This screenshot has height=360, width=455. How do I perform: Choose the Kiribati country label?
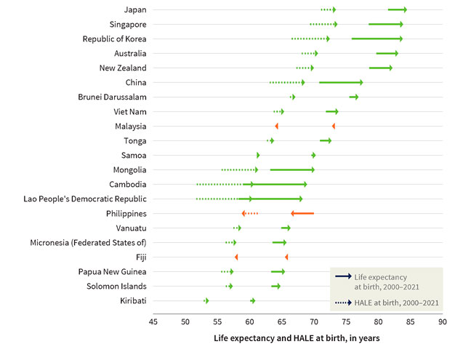pyautogui.click(x=131, y=300)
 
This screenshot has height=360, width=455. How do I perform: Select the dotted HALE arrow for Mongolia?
pyautogui.click(x=240, y=169)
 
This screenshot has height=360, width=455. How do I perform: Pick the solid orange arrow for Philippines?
pyautogui.click(x=302, y=213)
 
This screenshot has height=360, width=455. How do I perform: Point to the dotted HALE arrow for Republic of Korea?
pyautogui.click(x=310, y=39)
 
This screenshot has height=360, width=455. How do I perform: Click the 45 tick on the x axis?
pyautogui.click(x=153, y=321)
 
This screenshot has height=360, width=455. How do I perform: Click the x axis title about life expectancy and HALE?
pyautogui.click(x=297, y=339)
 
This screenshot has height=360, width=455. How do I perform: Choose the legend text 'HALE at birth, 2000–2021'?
pyautogui.click(x=396, y=302)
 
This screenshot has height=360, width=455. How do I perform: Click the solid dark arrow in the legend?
pyautogui.click(x=343, y=277)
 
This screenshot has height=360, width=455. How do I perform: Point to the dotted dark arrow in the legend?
pyautogui.click(x=343, y=302)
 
